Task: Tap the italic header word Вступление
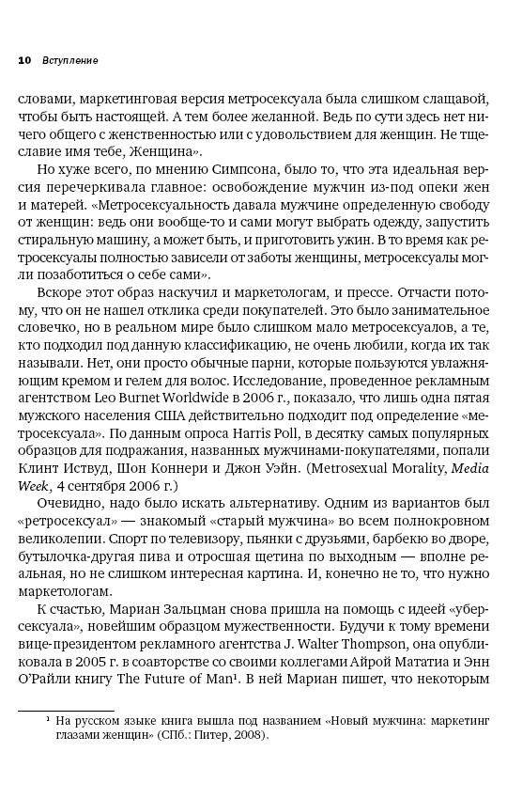69,59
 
